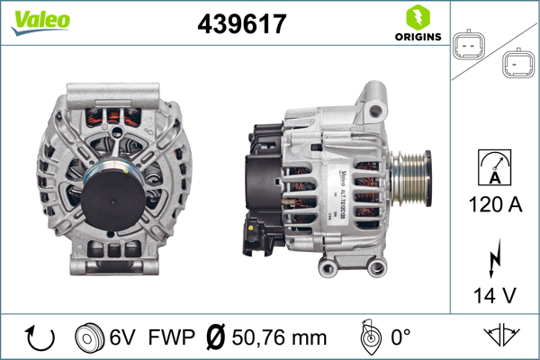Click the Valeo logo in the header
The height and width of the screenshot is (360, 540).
tap(33, 21)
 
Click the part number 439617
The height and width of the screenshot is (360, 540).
tap(241, 24)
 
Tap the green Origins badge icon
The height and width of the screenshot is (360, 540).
tap(418, 17)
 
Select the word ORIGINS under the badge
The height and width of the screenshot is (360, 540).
tap(418, 37)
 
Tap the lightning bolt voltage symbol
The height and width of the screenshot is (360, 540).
tap(492, 262)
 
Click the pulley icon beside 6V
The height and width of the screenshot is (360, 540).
tap(89, 337)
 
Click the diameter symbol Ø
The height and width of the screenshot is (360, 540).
tap(215, 337)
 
